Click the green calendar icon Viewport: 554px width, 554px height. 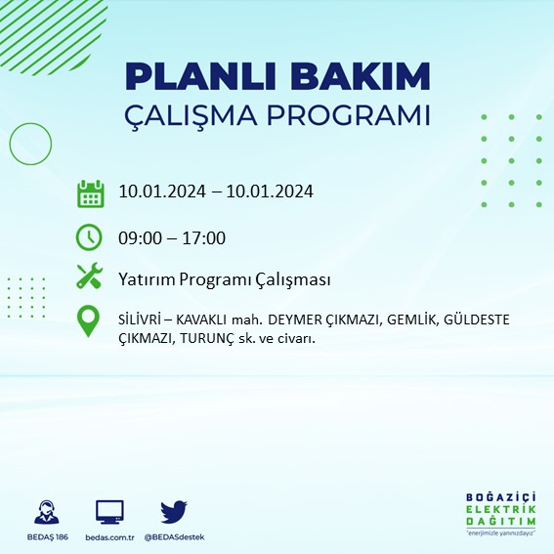tap(90, 193)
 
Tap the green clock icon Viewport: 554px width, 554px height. tap(90, 236)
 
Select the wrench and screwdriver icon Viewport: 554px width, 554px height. tap(90, 278)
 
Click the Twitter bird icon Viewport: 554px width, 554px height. tap(173, 511)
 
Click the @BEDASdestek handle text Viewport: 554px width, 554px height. tap(173, 537)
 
